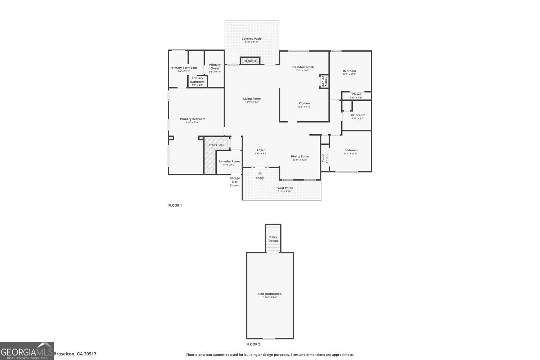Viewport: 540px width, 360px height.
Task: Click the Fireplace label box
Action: pyautogui.click(x=250, y=61)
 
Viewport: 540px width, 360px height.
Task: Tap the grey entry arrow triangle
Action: pyautogui.click(x=260, y=173)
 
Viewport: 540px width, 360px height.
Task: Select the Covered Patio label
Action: pyautogui.click(x=252, y=39)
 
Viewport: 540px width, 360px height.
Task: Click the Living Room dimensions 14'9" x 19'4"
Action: pyautogui.click(x=252, y=102)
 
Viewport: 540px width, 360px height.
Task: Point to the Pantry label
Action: pyautogui.click(x=325, y=81)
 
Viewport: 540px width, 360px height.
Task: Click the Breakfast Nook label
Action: pyautogui.click(x=303, y=67)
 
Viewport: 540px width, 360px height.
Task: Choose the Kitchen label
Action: pyautogui.click(x=304, y=103)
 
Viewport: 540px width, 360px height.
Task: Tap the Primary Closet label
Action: pyautogui.click(x=215, y=67)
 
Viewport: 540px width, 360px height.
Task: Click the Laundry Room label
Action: pyautogui.click(x=229, y=161)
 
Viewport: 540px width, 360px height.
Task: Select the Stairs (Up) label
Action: pyautogui.click(x=216, y=145)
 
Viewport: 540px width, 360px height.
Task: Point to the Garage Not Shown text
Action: pyautogui.click(x=235, y=182)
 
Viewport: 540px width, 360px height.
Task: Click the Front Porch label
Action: pyautogui.click(x=285, y=188)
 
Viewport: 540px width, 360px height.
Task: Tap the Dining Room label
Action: pyautogui.click(x=300, y=156)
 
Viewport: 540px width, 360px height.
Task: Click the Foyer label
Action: pyautogui.click(x=261, y=150)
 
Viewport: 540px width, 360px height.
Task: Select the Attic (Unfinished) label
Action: pyautogui.click(x=270, y=294)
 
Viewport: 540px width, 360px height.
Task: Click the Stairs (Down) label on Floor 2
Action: pyautogui.click(x=273, y=239)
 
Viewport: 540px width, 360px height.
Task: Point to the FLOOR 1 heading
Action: pyautogui.click(x=175, y=206)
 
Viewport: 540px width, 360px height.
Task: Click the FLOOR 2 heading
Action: pyautogui.click(x=253, y=344)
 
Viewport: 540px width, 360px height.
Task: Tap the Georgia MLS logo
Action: pyautogui.click(x=27, y=351)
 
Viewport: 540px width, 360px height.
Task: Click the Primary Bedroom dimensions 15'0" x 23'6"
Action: pyautogui.click(x=193, y=122)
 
